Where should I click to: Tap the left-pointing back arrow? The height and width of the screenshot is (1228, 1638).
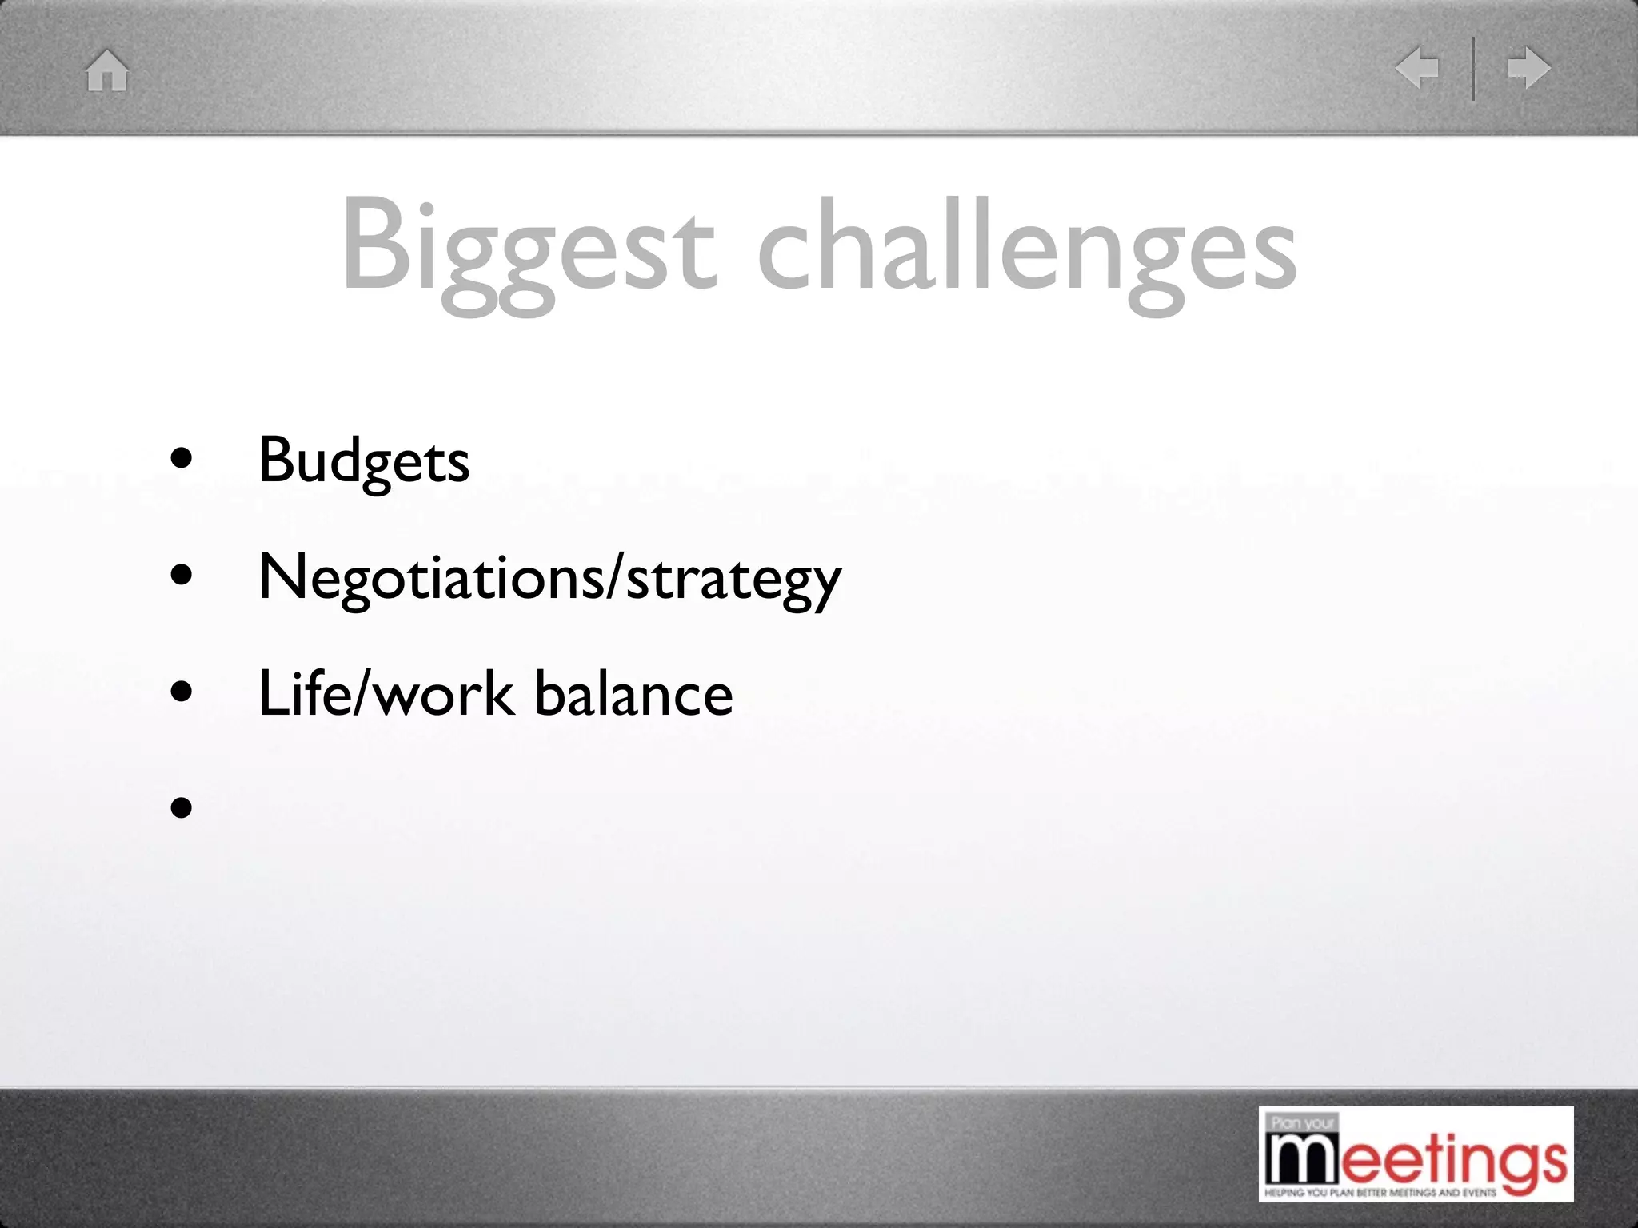[x=1417, y=68]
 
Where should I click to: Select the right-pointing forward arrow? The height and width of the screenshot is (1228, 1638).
[x=1528, y=68]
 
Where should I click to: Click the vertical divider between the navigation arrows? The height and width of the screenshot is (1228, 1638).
[x=1472, y=69]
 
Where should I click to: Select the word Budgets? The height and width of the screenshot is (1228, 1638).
[x=364, y=462]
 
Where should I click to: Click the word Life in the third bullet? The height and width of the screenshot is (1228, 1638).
[x=302, y=692]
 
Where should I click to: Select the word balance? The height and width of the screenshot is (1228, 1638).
[x=633, y=692]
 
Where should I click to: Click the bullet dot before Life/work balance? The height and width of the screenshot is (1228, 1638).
[x=182, y=691]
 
